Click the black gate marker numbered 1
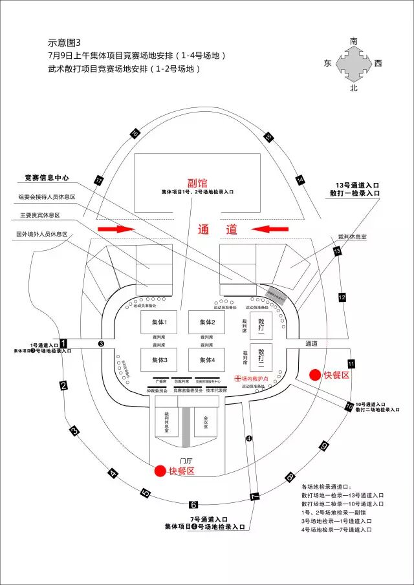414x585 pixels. [x=63, y=343]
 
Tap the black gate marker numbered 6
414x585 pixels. [x=193, y=505]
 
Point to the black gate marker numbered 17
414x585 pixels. [x=99, y=182]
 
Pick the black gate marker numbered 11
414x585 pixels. [x=351, y=364]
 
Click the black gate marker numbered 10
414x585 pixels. [x=349, y=406]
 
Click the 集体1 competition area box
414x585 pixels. [x=160, y=323]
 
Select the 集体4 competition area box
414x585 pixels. [x=207, y=359]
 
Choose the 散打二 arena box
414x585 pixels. [x=261, y=356]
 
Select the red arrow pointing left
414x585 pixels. [x=270, y=228]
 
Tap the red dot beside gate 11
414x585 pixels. [x=314, y=375]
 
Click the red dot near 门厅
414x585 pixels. [x=159, y=471]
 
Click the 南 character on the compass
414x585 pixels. [x=353, y=41]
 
